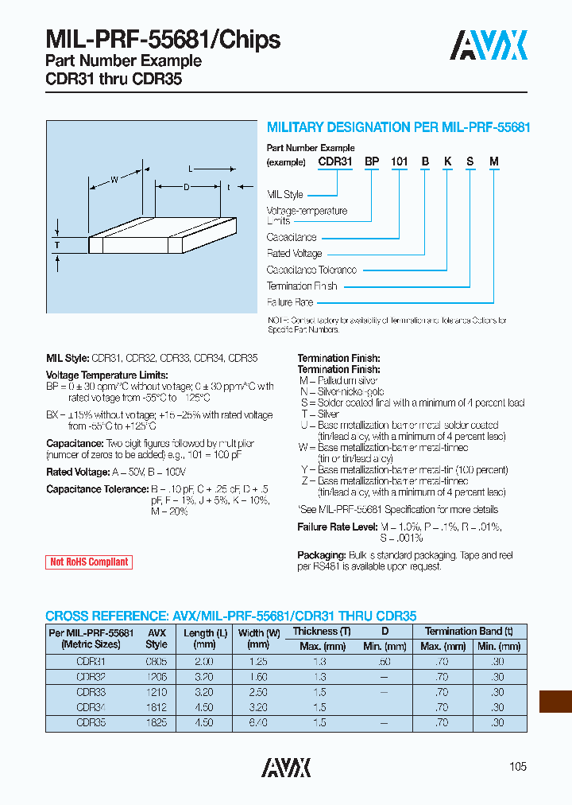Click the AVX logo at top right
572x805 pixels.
(489, 45)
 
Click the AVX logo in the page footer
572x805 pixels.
(286, 767)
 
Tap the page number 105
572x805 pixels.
(517, 767)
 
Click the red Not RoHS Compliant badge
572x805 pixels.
(89, 562)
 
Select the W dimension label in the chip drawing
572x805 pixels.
(114, 180)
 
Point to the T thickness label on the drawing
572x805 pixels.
(57, 246)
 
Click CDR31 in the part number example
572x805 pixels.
(334, 161)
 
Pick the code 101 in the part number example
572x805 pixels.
(399, 161)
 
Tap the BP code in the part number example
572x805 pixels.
(371, 161)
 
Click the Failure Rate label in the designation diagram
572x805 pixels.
(290, 302)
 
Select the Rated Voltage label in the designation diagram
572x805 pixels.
(294, 253)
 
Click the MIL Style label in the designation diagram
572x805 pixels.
(285, 194)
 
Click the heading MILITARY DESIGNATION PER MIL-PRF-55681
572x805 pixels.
(398, 127)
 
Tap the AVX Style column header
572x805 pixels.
(157, 639)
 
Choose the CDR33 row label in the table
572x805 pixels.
(91, 692)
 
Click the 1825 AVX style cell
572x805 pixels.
(157, 722)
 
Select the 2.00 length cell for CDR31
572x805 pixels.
(204, 662)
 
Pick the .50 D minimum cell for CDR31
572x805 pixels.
(384, 662)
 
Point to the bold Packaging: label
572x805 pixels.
(320, 554)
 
